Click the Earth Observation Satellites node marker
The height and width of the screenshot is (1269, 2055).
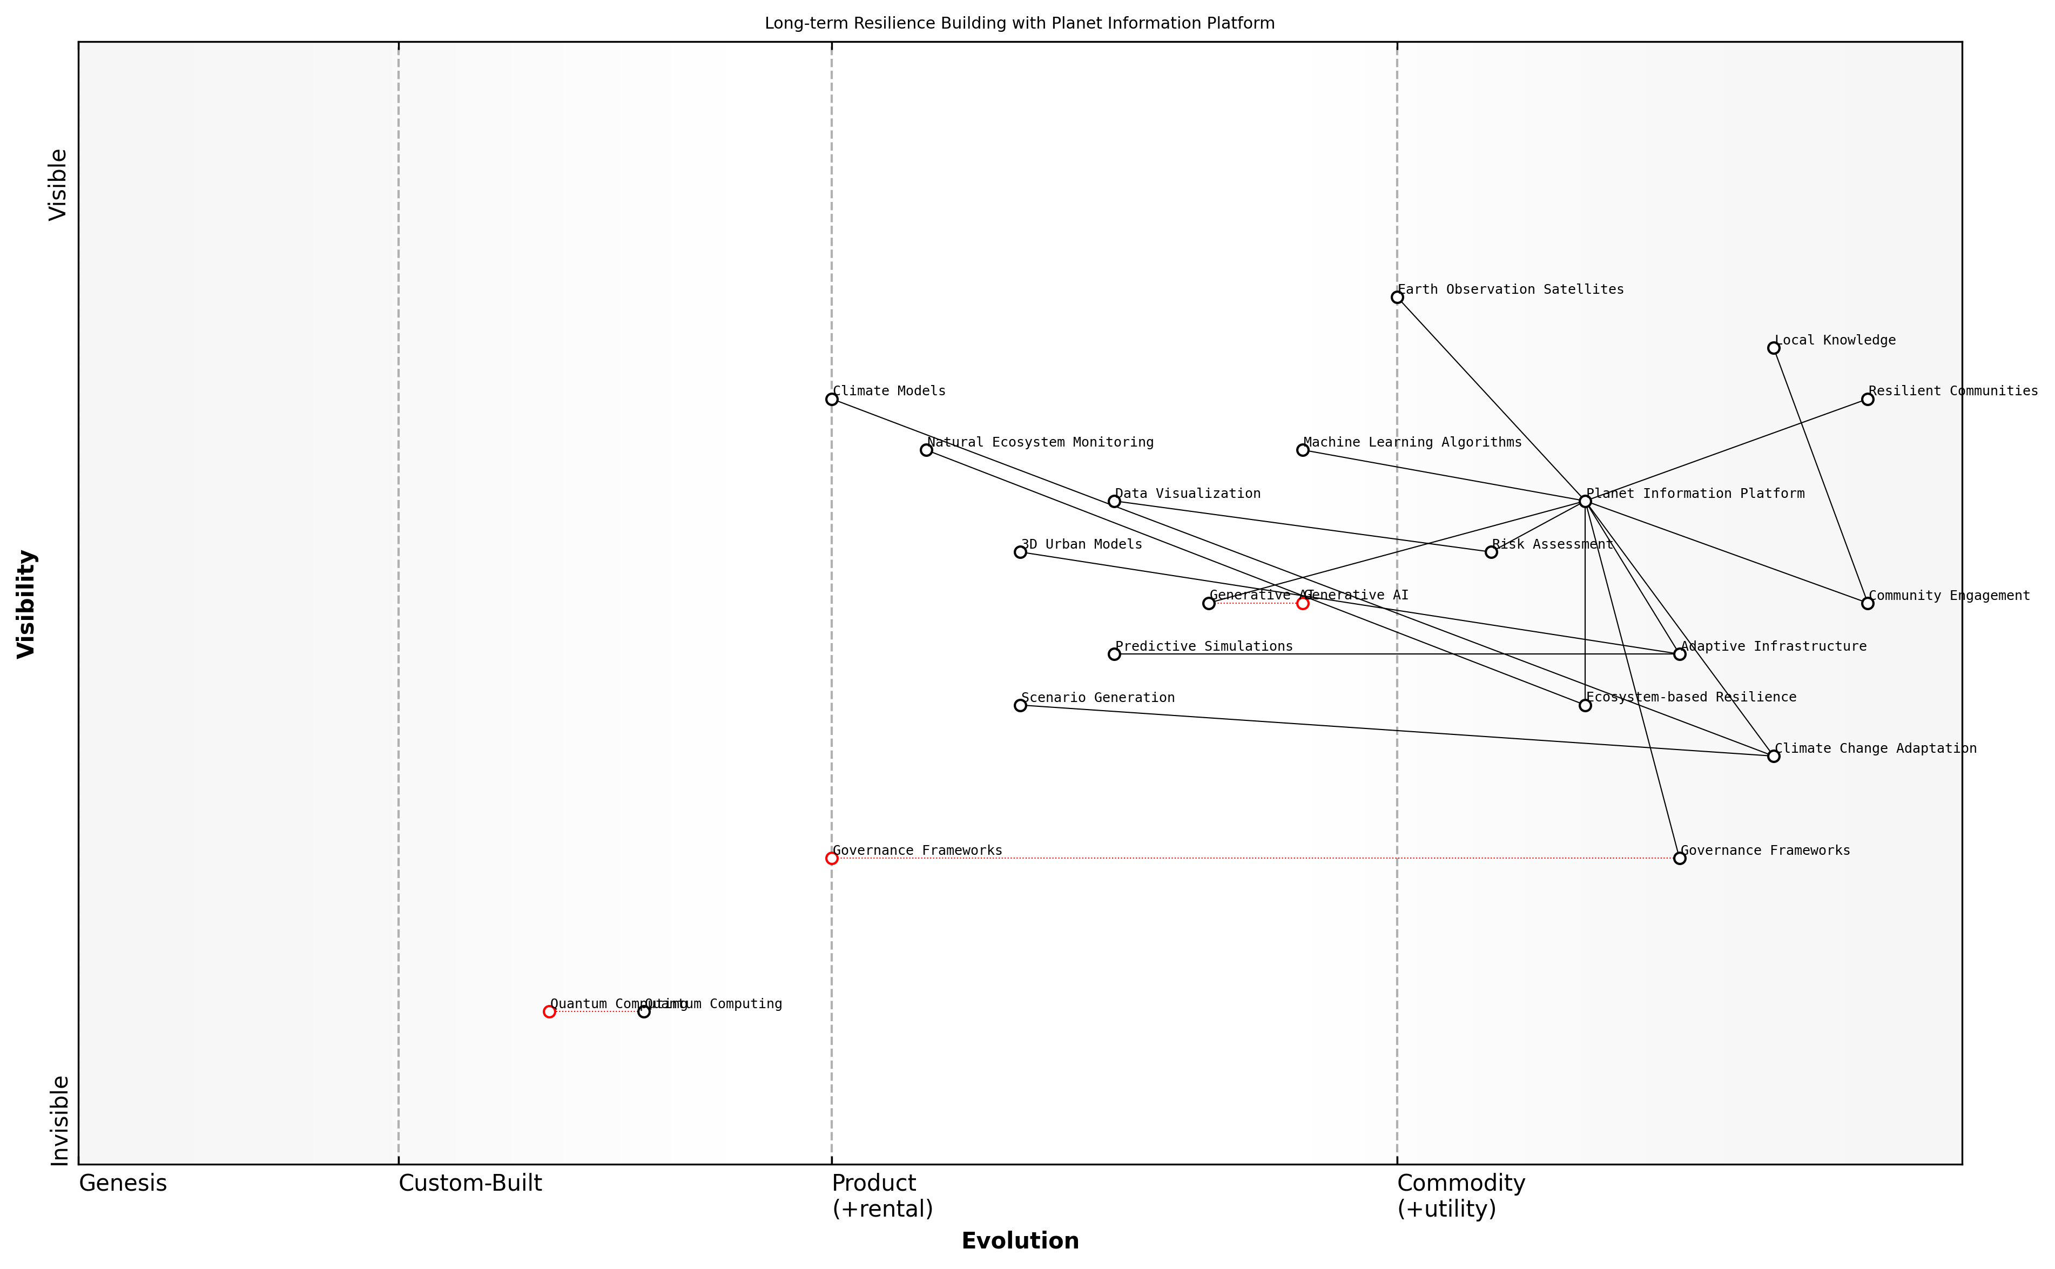(1397, 297)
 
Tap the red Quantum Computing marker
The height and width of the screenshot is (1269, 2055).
(549, 1011)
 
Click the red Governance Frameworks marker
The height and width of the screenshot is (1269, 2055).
(831, 858)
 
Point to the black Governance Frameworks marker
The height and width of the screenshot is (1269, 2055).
(1679, 858)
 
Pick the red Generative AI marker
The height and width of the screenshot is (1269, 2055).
(1302, 603)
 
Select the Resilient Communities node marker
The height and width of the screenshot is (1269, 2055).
(1867, 399)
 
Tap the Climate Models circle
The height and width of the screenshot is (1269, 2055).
(831, 399)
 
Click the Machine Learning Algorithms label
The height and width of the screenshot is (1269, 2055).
(1412, 442)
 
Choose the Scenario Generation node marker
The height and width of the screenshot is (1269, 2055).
(1020, 705)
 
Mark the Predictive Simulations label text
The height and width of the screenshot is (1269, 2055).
(1204, 646)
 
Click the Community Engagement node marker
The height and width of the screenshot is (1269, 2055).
(1867, 603)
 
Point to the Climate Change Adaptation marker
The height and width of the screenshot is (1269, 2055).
(1773, 756)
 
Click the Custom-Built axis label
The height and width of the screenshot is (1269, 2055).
(470, 1183)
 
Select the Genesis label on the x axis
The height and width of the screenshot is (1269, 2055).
(123, 1183)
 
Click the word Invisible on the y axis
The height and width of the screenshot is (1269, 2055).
(59, 1120)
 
